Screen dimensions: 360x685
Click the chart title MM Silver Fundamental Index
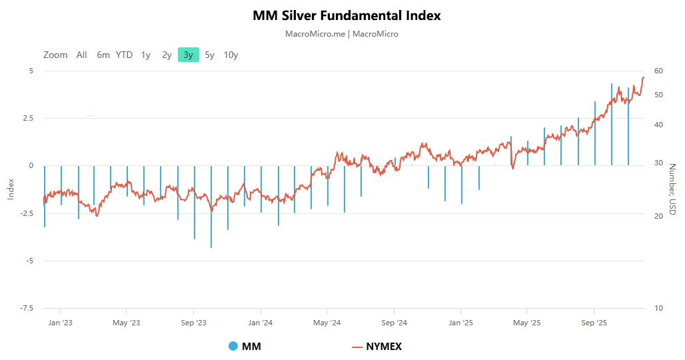[x=346, y=15]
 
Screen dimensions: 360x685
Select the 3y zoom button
[x=189, y=55]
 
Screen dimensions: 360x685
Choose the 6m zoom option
[x=103, y=55]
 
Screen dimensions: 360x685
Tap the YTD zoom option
[x=124, y=55]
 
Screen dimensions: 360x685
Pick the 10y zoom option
[x=231, y=55]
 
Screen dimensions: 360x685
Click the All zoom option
[x=81, y=55]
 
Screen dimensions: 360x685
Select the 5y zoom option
[x=209, y=55]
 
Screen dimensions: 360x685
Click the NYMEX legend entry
[x=377, y=346]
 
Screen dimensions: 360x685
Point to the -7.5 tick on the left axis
[x=27, y=308]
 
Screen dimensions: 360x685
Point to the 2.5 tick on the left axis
[x=27, y=118]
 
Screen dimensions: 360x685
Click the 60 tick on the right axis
[x=658, y=71]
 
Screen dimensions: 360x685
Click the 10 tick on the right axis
[x=658, y=308]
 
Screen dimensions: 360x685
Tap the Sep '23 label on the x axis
[x=193, y=323]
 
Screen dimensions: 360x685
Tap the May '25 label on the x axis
[x=526, y=323]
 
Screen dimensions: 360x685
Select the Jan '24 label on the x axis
[x=260, y=323]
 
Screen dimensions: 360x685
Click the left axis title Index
[x=11, y=189]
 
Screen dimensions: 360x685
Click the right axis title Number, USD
[x=672, y=189]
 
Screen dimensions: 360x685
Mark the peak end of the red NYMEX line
[x=643, y=77]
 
